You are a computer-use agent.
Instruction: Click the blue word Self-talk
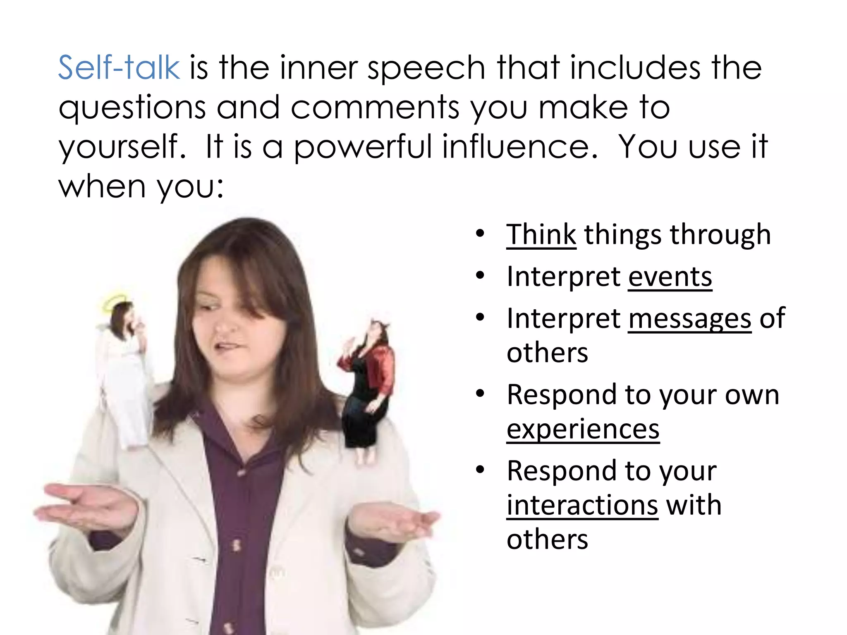click(x=119, y=67)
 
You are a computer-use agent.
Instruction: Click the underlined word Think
click(x=541, y=235)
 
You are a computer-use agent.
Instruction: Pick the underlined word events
click(x=670, y=277)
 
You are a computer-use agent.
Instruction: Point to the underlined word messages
click(x=689, y=319)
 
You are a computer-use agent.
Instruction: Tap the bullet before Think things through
click(x=480, y=234)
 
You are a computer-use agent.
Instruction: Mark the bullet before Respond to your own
click(x=480, y=394)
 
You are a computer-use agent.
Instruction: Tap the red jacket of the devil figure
click(x=383, y=368)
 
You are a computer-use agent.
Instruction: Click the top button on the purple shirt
click(x=241, y=471)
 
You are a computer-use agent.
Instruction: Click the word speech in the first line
click(x=426, y=67)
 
